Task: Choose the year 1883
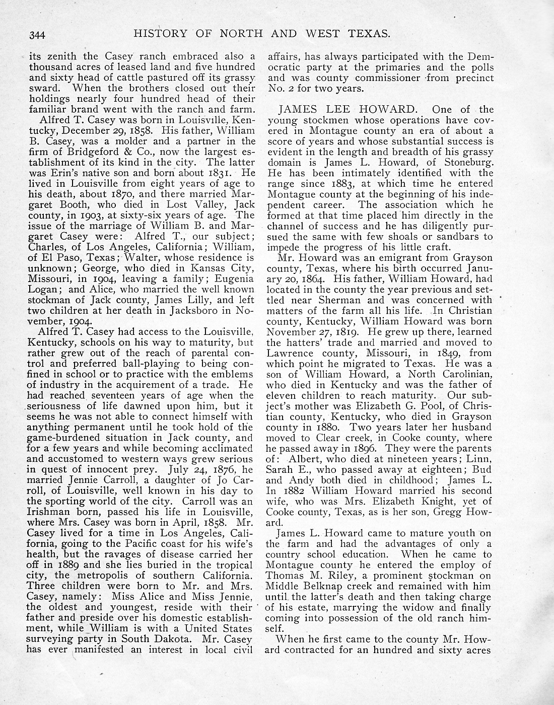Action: pos(356,183)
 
